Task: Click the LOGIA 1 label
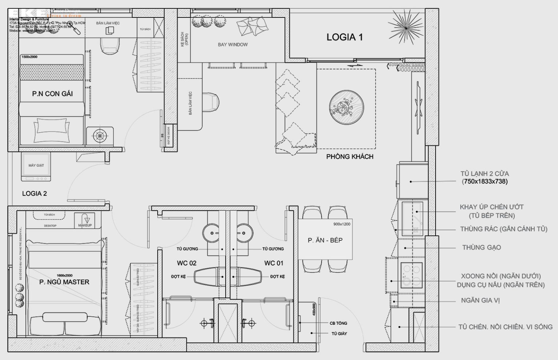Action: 344,37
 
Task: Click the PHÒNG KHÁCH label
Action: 349,157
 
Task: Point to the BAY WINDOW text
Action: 233,45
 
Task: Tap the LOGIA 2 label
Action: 35,194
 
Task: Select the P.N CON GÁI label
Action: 52,94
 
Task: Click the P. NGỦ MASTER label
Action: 64,282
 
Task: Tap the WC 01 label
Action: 274,263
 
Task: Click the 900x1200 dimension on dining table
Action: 342,224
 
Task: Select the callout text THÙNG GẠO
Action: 481,247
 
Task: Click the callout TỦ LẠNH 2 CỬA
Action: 485,174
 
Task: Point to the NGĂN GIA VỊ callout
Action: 480,300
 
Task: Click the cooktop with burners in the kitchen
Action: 412,275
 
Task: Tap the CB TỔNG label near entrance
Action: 338,323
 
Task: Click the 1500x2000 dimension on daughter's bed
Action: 29,57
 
